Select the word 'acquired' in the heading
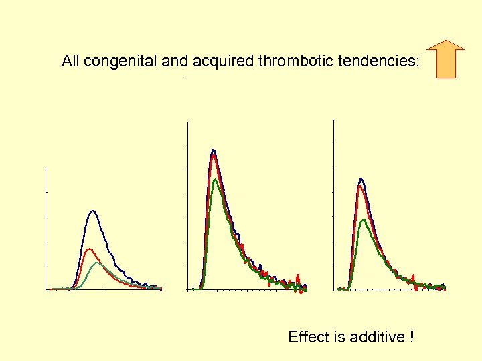pyautogui.click(x=219, y=62)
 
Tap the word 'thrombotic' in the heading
pyautogui.click(x=280, y=62)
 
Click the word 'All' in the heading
pyautogui.click(x=70, y=62)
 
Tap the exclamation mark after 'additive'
pyautogui.click(x=410, y=337)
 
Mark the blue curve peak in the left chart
pyautogui.click(x=93, y=211)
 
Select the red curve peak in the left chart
pyautogui.click(x=88, y=249)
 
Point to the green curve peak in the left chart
pyautogui.click(x=97, y=263)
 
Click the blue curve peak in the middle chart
pyautogui.click(x=213, y=150)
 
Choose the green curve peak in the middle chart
pyautogui.click(x=215, y=180)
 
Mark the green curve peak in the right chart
pyautogui.click(x=363, y=220)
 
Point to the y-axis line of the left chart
pyautogui.click(x=46, y=227)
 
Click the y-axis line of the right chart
pyautogui.click(x=333, y=204)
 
